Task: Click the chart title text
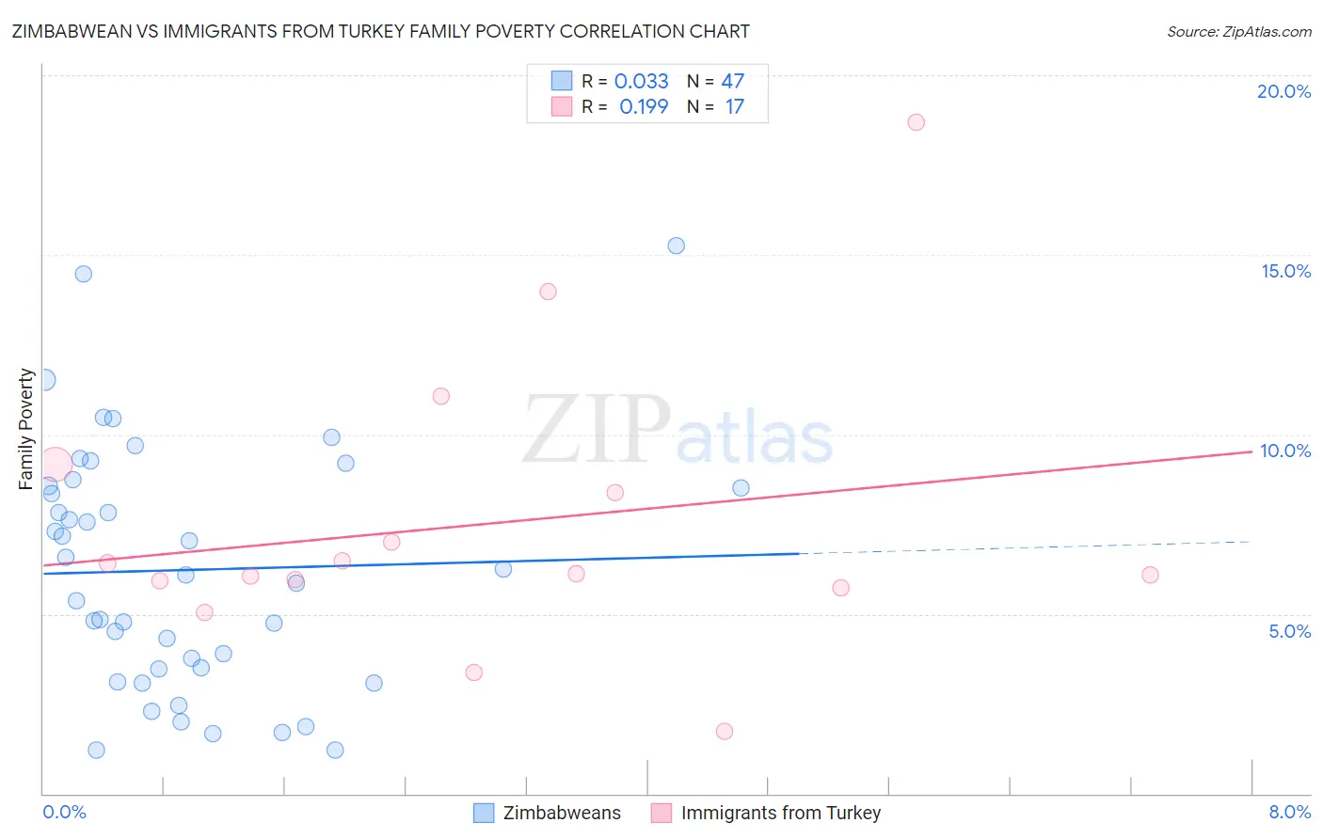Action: click(380, 31)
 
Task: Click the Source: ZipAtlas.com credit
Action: click(1238, 31)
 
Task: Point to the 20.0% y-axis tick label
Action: click(1283, 91)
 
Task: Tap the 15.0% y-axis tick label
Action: click(1285, 271)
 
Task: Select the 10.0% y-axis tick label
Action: click(1285, 451)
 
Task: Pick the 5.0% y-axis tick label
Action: click(1289, 631)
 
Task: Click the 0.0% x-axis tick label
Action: click(64, 812)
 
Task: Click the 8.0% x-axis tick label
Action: click(1289, 812)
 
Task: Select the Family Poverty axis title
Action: click(26, 429)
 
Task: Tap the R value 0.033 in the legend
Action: click(641, 82)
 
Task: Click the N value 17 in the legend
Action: click(734, 107)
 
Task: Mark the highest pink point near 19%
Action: click(916, 122)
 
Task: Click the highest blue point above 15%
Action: click(676, 245)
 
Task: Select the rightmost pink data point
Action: click(1149, 575)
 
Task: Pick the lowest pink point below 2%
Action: click(724, 731)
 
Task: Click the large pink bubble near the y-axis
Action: click(55, 464)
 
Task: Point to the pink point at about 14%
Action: click(548, 292)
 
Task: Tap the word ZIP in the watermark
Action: click(597, 430)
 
